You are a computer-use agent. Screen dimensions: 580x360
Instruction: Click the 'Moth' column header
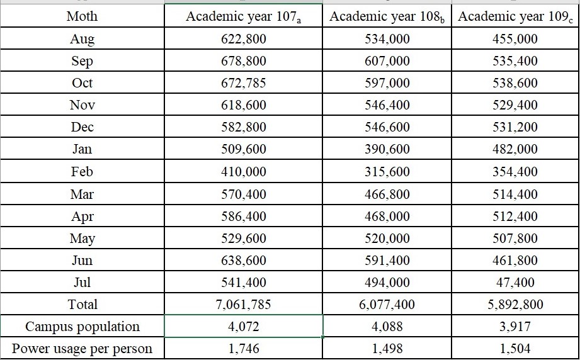click(82, 16)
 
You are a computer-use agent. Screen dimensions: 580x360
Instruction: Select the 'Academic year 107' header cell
click(243, 16)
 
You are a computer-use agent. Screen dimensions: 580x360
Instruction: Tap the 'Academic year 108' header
click(387, 16)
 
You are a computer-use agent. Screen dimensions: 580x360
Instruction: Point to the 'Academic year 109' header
click(515, 16)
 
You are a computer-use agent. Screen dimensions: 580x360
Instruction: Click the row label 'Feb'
click(82, 171)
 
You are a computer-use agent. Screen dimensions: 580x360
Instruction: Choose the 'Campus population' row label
click(82, 327)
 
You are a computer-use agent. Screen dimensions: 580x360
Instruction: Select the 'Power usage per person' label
click(82, 349)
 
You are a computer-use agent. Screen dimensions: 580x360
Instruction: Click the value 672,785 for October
click(243, 83)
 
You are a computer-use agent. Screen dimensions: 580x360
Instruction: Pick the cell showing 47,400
click(515, 283)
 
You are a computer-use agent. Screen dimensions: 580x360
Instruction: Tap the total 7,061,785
click(243, 305)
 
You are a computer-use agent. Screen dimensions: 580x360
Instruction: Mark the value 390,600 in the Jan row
click(387, 149)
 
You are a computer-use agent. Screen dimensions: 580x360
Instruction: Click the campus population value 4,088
click(387, 327)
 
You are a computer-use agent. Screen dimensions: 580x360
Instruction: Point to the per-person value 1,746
click(243, 349)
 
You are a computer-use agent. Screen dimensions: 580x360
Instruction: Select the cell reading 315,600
click(387, 171)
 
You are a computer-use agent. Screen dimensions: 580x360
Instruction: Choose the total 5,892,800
click(515, 305)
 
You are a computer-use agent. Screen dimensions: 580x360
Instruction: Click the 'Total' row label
click(82, 305)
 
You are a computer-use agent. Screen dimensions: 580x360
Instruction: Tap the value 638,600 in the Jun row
click(243, 260)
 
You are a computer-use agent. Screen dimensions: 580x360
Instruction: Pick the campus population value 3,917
click(515, 327)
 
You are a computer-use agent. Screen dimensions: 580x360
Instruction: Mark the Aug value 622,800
click(243, 39)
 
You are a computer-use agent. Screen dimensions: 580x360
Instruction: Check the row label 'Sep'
click(82, 61)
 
